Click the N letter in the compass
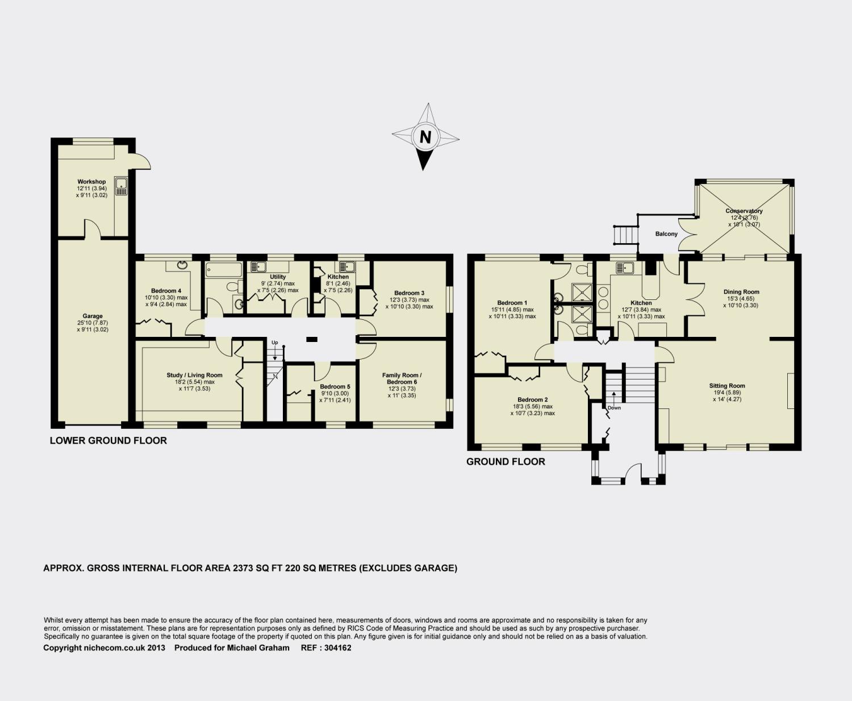click(x=425, y=137)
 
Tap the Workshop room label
click(x=91, y=182)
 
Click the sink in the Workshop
click(x=121, y=186)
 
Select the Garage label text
click(x=93, y=316)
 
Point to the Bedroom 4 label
click(x=166, y=290)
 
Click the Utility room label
click(x=278, y=277)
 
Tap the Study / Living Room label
click(x=194, y=375)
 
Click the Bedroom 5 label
click(x=335, y=387)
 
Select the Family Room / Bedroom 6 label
click(x=402, y=378)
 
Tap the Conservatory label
click(x=744, y=211)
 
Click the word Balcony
click(x=666, y=234)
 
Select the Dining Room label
click(x=741, y=292)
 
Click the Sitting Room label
click(x=727, y=386)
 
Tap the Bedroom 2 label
click(x=532, y=399)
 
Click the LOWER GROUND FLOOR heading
click(x=108, y=440)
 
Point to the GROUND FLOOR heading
click(x=506, y=461)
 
